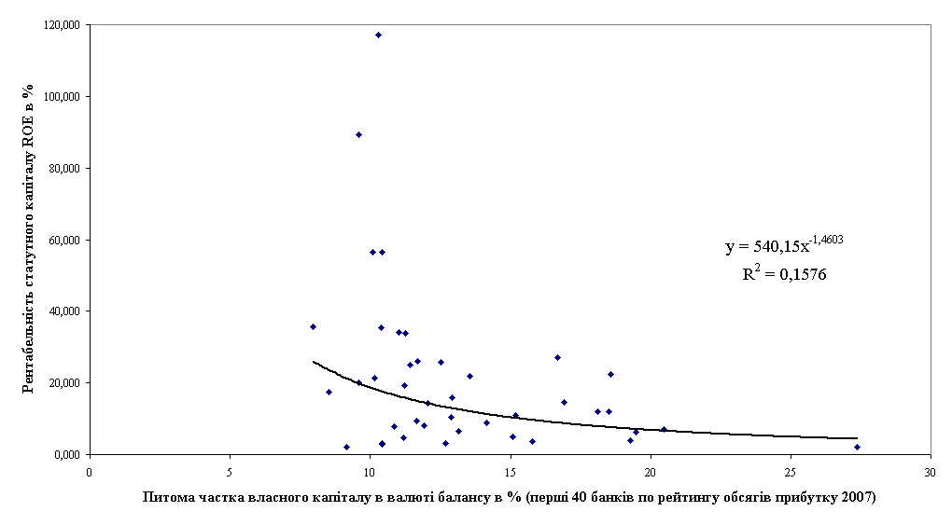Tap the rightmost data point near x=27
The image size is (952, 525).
click(857, 447)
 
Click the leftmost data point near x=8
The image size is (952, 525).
click(313, 326)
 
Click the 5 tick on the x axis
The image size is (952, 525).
click(229, 471)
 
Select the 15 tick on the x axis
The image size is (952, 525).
click(510, 471)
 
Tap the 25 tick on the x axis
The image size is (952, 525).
click(791, 471)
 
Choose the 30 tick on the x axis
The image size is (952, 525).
click(931, 471)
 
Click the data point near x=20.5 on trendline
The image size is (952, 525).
click(664, 429)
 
